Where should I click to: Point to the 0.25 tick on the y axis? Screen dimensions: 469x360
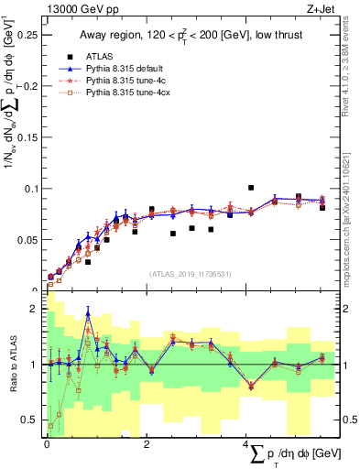pos(27,35)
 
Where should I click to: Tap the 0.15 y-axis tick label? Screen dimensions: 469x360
pos(27,137)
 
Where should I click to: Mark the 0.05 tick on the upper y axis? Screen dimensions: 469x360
pos(27,240)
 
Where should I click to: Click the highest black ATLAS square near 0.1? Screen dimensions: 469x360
pos(251,188)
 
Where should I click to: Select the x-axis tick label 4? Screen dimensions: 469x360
pos(245,442)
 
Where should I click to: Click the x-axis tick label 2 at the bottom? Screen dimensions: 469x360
pos(147,442)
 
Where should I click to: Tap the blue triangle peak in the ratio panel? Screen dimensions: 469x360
pos(88,312)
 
